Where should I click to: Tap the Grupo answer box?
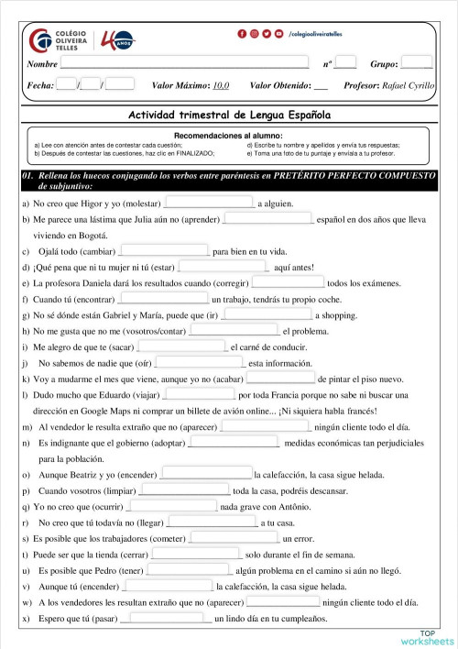(416, 63)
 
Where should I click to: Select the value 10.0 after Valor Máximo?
(221, 85)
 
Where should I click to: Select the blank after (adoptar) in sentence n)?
(234, 444)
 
